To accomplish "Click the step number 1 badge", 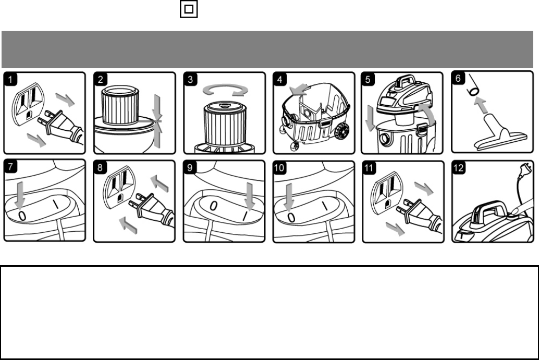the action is [x=10, y=79].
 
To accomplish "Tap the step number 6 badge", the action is [x=458, y=78].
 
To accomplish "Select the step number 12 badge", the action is [x=459, y=168].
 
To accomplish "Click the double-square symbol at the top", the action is [x=189, y=9].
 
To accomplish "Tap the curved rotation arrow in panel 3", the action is [x=225, y=90].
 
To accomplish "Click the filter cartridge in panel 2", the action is [x=120, y=106].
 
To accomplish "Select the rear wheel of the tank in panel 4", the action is [x=341, y=131].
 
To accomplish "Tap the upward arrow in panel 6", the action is [x=481, y=105].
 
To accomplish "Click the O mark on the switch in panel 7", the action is [x=22, y=216].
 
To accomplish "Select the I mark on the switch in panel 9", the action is [x=246, y=216].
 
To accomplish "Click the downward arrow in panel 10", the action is [x=289, y=196].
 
